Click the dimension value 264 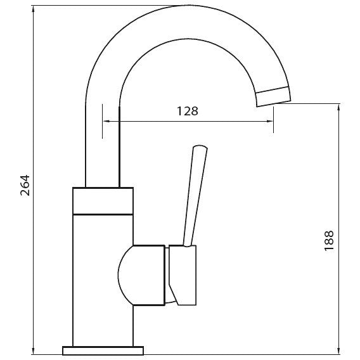tap(25, 185)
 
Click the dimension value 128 tap(188, 111)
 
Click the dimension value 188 tap(329, 241)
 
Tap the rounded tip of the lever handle tap(200, 146)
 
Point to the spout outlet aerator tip tap(273, 97)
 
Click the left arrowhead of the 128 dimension tap(106, 121)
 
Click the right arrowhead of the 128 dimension tap(270, 121)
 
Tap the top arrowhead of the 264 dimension tap(34, 9)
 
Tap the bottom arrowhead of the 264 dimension tap(34, 351)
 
